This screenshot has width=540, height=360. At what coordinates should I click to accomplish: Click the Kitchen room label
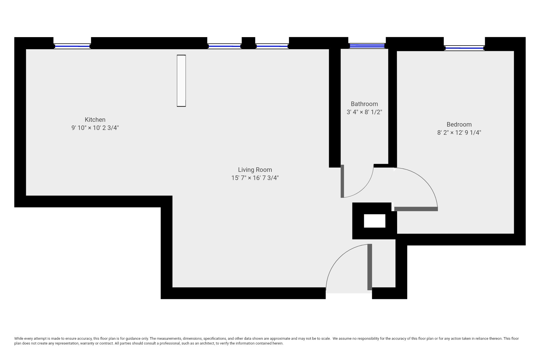point(95,120)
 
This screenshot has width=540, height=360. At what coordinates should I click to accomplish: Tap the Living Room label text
point(255,170)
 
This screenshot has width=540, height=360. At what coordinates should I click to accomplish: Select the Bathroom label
point(364,104)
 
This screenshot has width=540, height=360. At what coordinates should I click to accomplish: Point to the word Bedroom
point(459,125)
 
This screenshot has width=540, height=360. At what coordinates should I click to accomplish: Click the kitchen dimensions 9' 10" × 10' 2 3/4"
point(95,128)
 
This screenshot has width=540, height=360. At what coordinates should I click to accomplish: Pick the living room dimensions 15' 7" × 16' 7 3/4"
point(255,178)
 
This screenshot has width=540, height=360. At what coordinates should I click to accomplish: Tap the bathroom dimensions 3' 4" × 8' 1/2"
point(364,112)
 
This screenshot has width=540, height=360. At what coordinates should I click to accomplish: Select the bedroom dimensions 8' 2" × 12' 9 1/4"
point(459,133)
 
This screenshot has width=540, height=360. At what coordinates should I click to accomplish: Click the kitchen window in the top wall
point(72,46)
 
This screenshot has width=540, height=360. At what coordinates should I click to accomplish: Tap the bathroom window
point(367,46)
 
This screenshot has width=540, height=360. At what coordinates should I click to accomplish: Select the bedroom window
point(464,48)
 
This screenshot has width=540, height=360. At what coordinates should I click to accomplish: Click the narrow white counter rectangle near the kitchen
point(181,81)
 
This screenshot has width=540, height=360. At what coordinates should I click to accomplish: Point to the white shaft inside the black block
point(374,221)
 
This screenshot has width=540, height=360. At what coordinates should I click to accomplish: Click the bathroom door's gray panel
point(342,181)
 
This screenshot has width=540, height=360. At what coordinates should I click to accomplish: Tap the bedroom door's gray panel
point(416,209)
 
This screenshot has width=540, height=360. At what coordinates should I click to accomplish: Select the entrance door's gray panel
point(370,267)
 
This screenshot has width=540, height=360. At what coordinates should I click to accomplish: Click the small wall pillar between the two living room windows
point(248,43)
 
